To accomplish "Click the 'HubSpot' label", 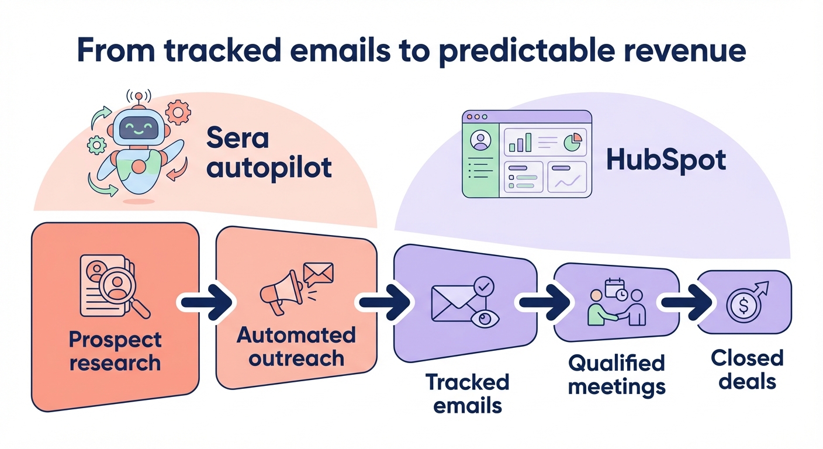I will pyautogui.click(x=666, y=160).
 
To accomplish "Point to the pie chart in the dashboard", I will pyautogui.click(x=572, y=141).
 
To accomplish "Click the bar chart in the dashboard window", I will pyautogui.click(x=520, y=142).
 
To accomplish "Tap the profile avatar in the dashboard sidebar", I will pyautogui.click(x=481, y=141).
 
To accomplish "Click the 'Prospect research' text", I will pyautogui.click(x=115, y=351).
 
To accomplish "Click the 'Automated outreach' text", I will pyautogui.click(x=296, y=346).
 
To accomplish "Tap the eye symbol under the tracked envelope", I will pyautogui.click(x=485, y=317).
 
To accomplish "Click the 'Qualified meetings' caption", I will pyautogui.click(x=616, y=374).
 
